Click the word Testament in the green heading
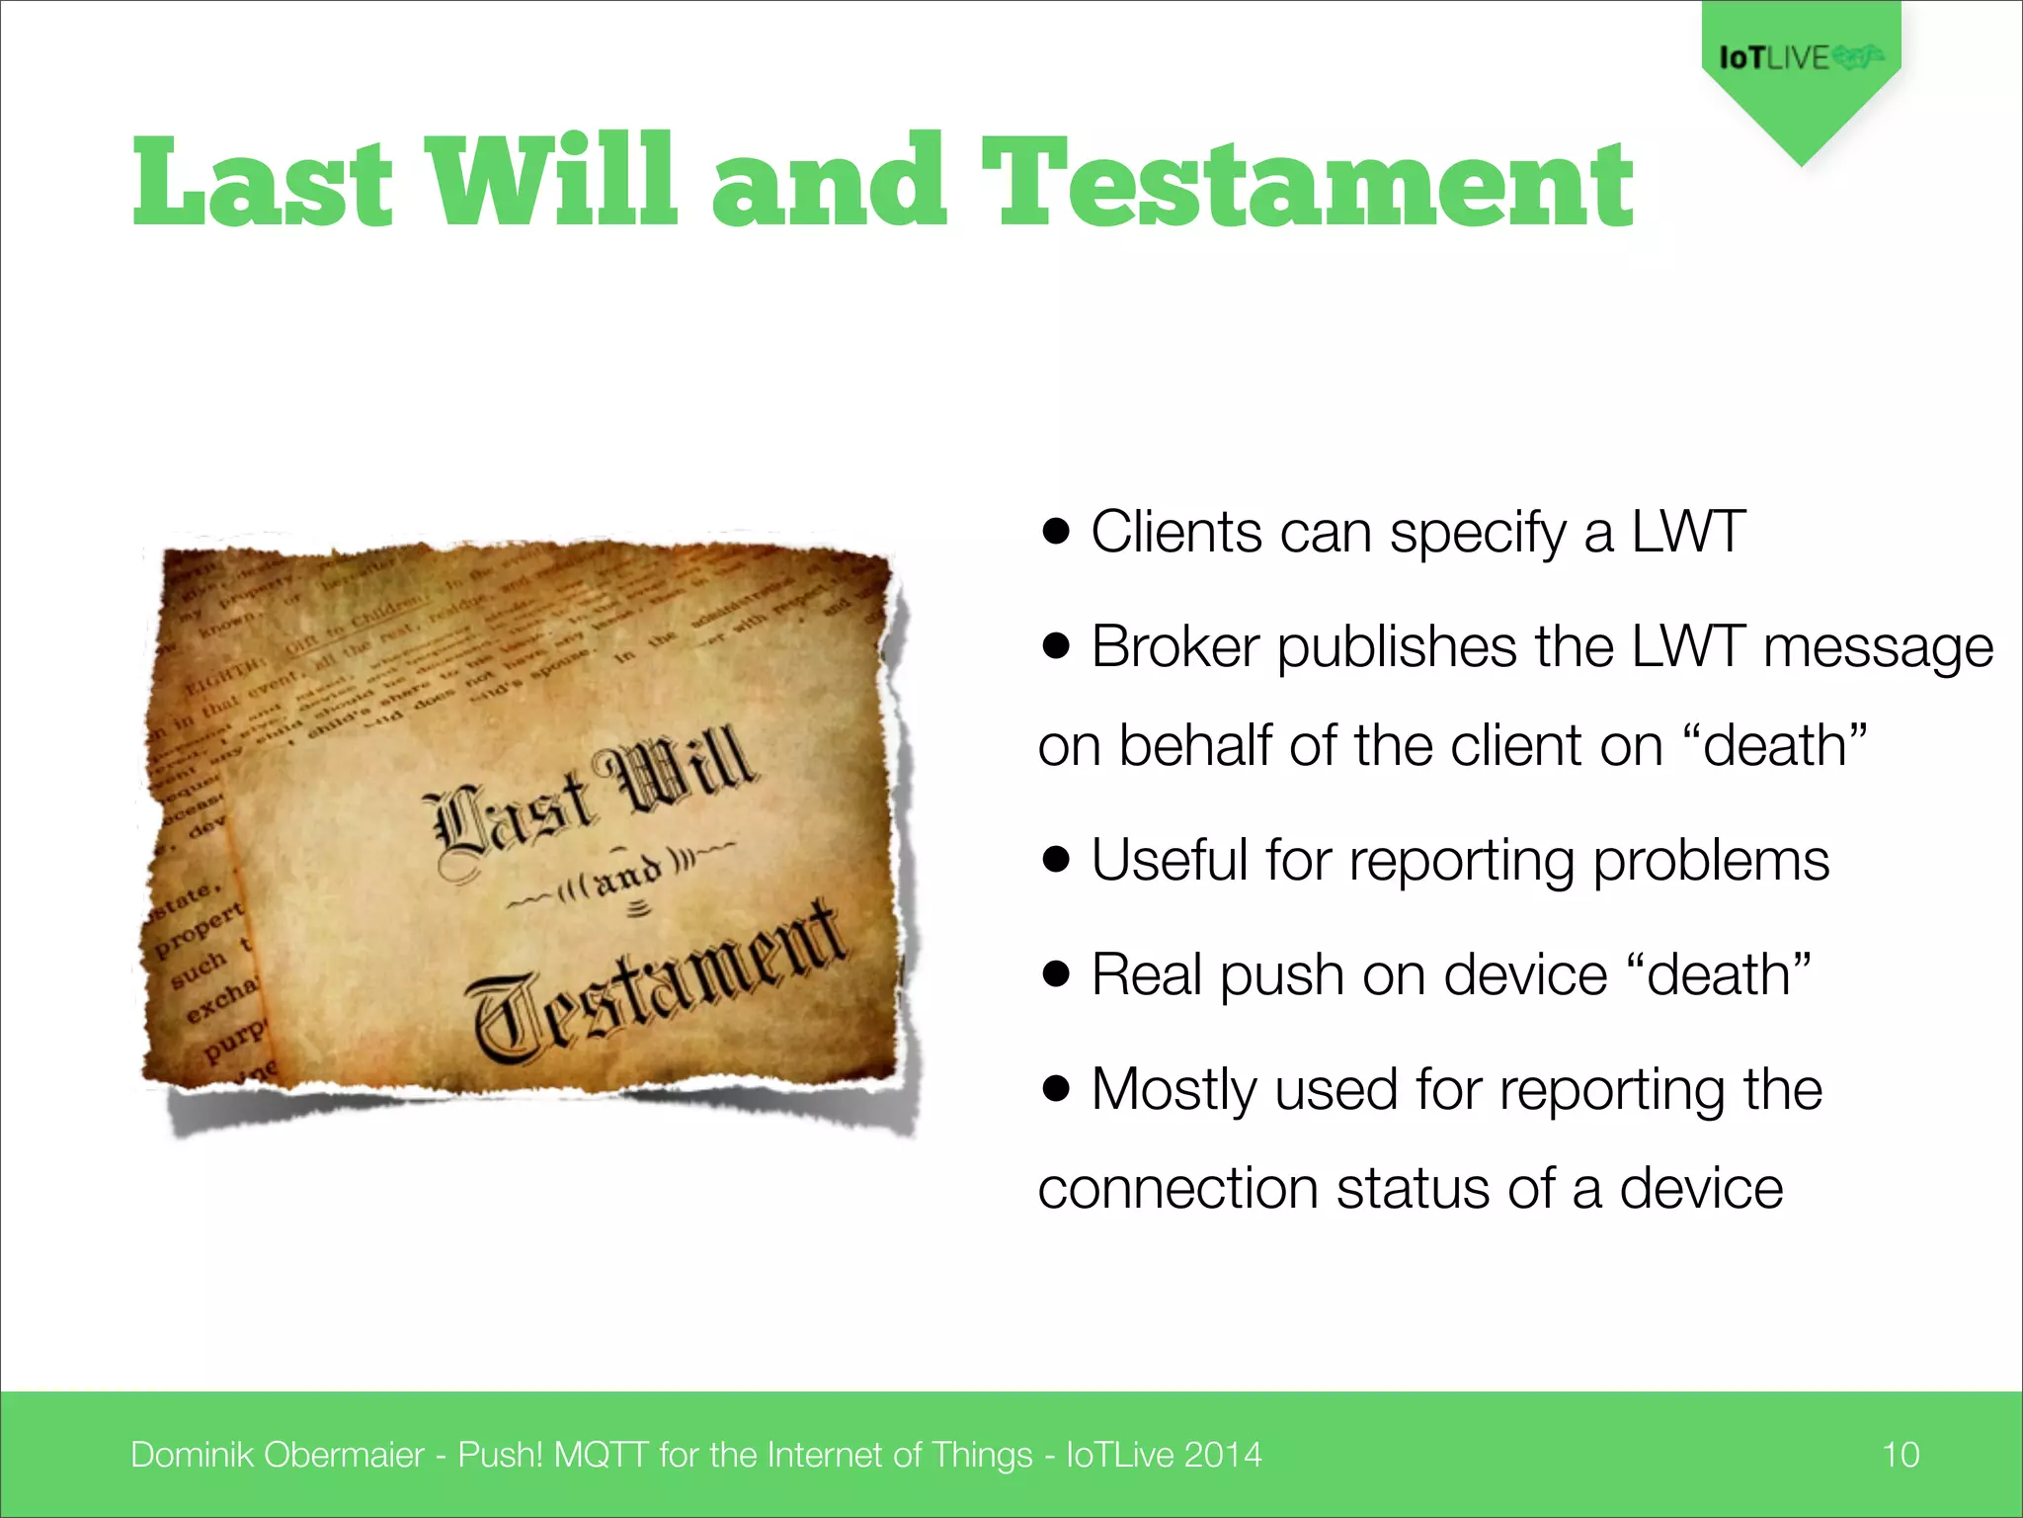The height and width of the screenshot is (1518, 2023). pos(1306,184)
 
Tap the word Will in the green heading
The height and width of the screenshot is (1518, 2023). pos(551,182)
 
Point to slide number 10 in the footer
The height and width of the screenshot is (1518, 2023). pos(1900,1455)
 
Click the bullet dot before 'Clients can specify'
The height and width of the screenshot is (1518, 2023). pos(1056,532)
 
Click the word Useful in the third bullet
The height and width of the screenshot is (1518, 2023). pos(1170,860)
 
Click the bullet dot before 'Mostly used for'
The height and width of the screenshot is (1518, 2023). pos(1056,1089)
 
